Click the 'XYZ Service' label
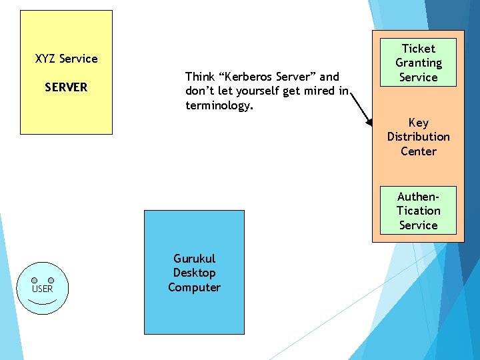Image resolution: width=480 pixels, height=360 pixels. coord(66,59)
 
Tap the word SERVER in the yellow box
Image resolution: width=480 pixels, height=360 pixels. coord(66,87)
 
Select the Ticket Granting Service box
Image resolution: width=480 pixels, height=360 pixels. coord(418,63)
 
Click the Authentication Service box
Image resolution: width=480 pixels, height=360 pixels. coord(418,211)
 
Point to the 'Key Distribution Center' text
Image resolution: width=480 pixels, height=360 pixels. coord(418,137)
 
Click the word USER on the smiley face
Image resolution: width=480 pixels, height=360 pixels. coord(43,289)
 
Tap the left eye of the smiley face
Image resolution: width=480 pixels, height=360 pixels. coord(34,280)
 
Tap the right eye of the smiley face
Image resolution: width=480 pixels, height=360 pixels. coord(51,280)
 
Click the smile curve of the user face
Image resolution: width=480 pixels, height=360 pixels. coord(43,301)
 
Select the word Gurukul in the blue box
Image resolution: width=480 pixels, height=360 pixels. coord(194,259)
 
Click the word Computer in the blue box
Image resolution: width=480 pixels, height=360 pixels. coord(194,287)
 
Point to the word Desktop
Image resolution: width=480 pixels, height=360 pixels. coord(194,273)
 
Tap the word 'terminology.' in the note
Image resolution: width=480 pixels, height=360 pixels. coord(219,105)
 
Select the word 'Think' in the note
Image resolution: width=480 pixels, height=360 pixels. coord(199,77)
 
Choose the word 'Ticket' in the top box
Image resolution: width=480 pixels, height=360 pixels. coord(418,49)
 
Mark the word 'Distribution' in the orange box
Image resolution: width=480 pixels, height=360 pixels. coord(418,137)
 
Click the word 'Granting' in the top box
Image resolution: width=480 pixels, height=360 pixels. coord(418,63)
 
